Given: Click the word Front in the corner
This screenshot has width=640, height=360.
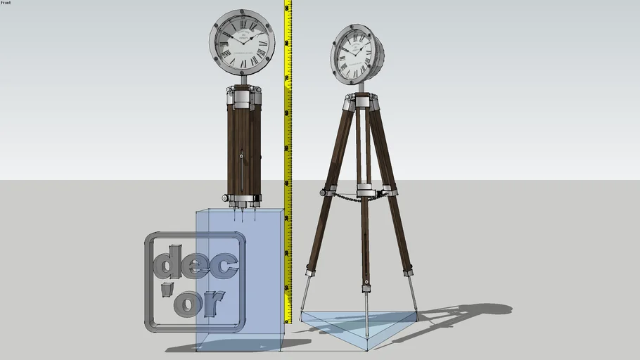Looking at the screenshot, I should (6, 3).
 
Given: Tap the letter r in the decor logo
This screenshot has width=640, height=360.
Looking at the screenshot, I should (213, 303).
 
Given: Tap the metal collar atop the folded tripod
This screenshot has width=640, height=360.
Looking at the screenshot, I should (243, 97).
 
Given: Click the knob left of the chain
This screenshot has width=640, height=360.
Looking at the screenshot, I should (324, 192).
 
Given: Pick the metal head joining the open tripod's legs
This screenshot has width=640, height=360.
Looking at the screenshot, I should (362, 103).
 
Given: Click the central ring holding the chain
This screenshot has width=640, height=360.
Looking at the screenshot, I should (366, 191).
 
